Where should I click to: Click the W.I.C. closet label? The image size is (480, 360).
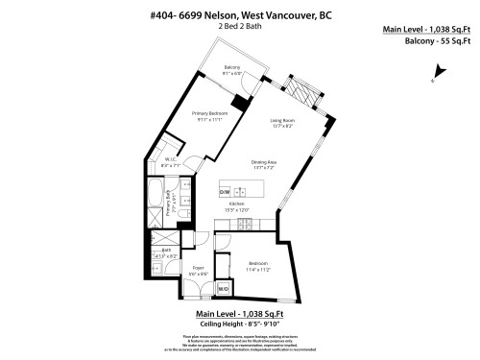[169, 160]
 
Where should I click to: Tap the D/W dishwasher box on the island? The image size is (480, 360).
[225, 189]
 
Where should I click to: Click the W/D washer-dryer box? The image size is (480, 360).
[224, 287]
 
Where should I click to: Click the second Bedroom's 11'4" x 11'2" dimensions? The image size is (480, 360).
[260, 271]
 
